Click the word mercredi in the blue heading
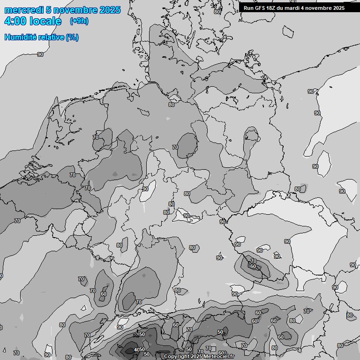click(24, 10)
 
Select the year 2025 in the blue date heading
click(110, 10)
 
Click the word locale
click(45, 21)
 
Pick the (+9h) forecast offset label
click(79, 21)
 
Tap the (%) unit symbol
click(72, 37)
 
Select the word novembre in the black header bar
click(320, 8)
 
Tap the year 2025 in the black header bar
click(339, 8)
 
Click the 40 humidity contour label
click(136, 350)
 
